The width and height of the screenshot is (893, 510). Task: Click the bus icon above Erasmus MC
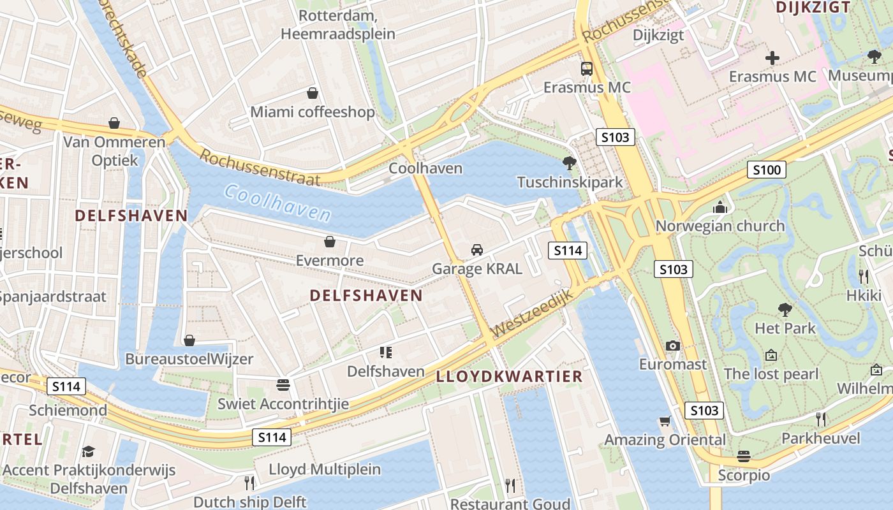coord(586,69)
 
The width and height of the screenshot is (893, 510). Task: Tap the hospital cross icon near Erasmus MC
coord(772,58)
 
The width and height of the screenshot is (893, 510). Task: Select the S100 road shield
coord(766,170)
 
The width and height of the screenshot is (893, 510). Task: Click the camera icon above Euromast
coord(672,346)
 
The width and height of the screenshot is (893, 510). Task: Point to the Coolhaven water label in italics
coord(277,202)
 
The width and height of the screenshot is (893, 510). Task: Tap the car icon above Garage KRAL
coord(476,250)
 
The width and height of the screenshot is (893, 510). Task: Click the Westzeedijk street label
coord(529,316)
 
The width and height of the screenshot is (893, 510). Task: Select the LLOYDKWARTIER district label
coord(509,376)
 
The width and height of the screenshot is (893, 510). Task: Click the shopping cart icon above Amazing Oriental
coord(665,421)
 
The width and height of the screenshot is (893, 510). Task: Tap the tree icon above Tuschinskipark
coord(569,163)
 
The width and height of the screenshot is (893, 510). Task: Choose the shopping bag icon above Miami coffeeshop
coord(313,93)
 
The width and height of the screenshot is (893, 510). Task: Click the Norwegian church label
coord(720,226)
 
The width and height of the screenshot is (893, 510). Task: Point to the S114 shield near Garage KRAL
coord(567,251)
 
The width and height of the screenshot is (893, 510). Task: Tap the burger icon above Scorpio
coord(743,456)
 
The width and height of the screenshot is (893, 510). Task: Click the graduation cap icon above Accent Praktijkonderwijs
coord(88,451)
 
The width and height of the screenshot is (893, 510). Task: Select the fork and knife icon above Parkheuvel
coord(821,419)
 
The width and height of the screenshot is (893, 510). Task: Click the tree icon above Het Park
coord(785,310)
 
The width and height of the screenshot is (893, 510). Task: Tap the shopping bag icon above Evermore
coord(330,242)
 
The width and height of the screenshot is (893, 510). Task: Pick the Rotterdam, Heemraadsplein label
coord(338,24)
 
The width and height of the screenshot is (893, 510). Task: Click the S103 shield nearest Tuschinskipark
coord(616,137)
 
